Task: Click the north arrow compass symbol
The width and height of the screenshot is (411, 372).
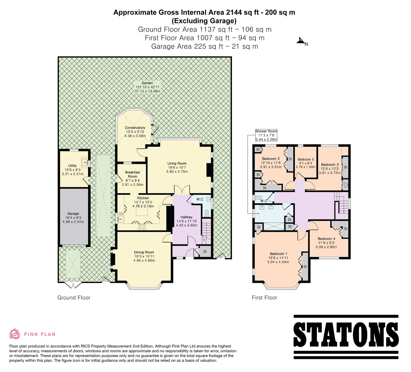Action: click(301, 41)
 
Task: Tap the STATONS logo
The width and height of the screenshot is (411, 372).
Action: click(346, 337)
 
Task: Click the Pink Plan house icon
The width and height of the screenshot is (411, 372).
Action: click(15, 334)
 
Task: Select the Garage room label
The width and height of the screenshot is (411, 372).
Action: click(73, 213)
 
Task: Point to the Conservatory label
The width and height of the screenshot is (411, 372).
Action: click(135, 128)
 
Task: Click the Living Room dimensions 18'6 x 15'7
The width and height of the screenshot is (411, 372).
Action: click(177, 168)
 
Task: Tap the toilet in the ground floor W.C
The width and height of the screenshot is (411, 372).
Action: click(207, 213)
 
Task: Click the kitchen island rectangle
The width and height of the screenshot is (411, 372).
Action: click(142, 212)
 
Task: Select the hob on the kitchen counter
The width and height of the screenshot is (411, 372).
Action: click(142, 227)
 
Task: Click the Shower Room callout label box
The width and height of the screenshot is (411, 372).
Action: click(266, 135)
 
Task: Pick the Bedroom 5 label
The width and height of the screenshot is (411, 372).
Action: click(306, 159)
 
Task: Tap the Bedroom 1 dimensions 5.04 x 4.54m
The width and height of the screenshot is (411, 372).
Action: click(278, 262)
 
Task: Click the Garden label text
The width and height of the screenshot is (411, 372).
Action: click(147, 83)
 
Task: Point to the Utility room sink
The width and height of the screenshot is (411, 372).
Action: click(85, 162)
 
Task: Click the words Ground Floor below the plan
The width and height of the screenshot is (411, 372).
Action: click(74, 298)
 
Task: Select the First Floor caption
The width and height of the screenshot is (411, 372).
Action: click(265, 298)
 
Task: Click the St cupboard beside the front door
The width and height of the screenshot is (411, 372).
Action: click(205, 251)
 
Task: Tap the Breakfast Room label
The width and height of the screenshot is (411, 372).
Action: click(133, 174)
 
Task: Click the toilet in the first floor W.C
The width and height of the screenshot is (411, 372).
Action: click(258, 198)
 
